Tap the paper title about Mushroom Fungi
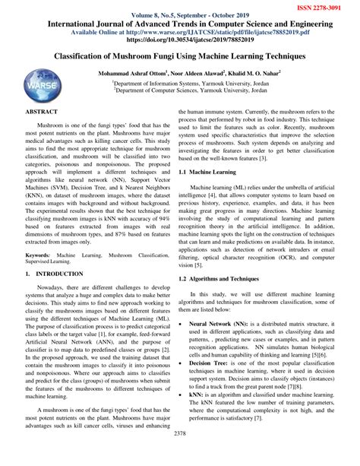tap(179, 57)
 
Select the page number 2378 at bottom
tap(180, 455)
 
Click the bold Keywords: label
tap(39, 235)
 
